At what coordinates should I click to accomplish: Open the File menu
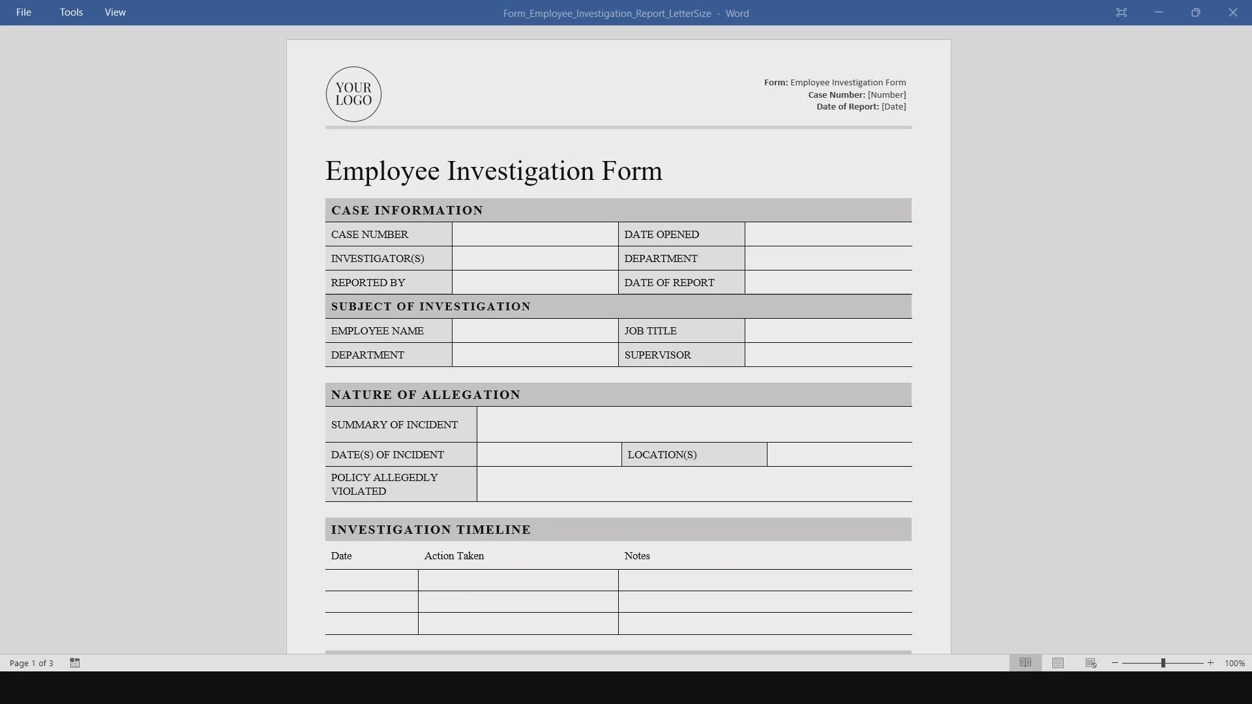click(23, 12)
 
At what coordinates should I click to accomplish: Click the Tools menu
click(71, 12)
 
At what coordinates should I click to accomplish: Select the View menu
click(115, 12)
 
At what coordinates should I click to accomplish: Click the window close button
click(1232, 12)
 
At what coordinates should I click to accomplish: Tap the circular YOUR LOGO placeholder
click(353, 94)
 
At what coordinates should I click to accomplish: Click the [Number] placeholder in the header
click(887, 95)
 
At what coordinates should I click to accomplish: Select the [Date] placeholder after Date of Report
click(893, 106)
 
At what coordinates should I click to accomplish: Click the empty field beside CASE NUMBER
click(535, 234)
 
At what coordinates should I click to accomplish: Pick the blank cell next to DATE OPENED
click(828, 234)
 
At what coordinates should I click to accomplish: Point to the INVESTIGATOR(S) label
click(378, 258)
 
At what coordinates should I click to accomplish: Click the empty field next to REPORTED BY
click(535, 282)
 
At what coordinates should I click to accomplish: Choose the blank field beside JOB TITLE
click(828, 330)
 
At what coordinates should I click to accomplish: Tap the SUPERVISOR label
click(657, 355)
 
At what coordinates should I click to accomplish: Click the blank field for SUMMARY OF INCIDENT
click(694, 424)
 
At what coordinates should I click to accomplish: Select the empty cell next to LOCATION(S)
click(839, 454)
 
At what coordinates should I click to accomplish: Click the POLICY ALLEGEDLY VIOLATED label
click(384, 484)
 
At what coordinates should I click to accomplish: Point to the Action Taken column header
click(454, 555)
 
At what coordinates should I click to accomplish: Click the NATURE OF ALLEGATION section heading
click(426, 394)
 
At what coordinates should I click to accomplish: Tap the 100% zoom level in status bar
click(1234, 663)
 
